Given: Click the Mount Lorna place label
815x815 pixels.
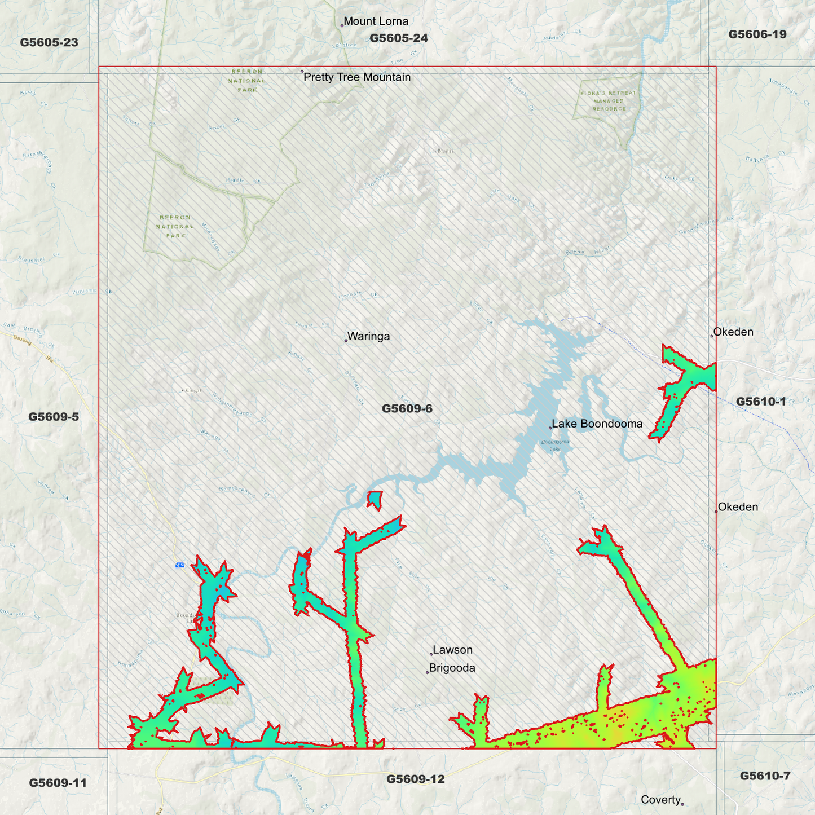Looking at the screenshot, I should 376,21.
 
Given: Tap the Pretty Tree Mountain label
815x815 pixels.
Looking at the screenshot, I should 356,77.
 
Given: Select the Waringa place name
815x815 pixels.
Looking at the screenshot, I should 368,337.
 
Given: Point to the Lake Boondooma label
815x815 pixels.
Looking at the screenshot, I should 597,424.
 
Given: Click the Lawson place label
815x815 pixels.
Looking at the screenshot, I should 452,650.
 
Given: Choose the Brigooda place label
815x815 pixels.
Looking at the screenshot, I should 452,668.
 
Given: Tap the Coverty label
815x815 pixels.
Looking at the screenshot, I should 660,800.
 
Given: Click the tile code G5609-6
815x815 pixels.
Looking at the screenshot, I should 407,409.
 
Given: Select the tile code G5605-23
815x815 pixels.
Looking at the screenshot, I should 49,43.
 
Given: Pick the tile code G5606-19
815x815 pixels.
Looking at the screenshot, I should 757,34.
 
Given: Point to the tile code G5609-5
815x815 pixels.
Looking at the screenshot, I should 54,417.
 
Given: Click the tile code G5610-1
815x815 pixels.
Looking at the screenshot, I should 760,402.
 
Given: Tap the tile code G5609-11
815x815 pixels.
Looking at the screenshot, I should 58,783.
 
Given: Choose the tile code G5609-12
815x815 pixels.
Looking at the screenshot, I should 415,779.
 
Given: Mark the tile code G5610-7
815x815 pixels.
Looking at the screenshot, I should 765,776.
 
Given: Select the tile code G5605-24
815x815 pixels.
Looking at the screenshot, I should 398,38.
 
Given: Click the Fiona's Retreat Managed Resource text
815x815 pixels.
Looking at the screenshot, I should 609,101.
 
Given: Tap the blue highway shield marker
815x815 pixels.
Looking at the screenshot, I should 179,565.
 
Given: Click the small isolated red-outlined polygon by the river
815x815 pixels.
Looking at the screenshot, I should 375,499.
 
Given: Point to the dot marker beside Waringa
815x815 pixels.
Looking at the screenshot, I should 346,341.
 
